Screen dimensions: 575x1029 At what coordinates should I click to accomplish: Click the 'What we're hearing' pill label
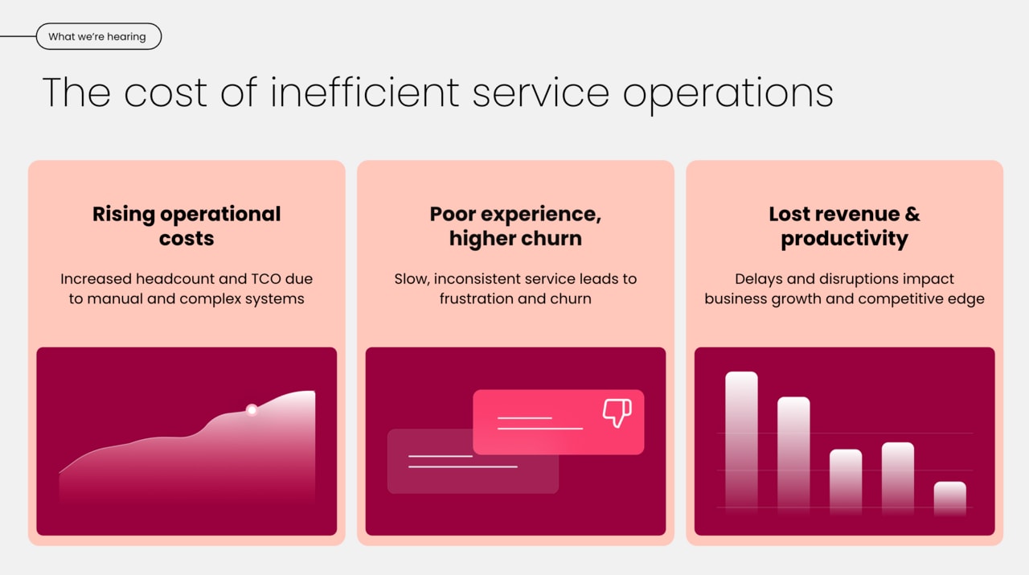point(97,37)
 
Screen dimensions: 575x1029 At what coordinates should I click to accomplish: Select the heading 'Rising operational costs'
point(187,226)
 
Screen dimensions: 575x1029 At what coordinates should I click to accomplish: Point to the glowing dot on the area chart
point(252,410)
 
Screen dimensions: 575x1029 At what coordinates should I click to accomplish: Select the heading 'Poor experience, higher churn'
point(515,226)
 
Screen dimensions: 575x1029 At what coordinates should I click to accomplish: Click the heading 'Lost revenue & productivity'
point(844,226)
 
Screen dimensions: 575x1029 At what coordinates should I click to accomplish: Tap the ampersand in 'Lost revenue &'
point(912,215)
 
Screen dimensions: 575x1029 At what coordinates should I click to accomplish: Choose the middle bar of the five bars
point(846,480)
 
